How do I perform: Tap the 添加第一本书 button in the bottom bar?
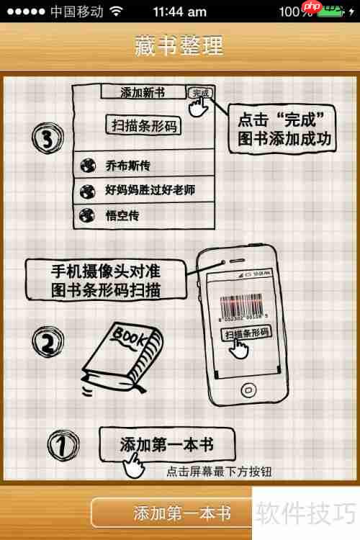point(181,513)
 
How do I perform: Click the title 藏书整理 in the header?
point(179,45)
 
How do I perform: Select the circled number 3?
point(45,137)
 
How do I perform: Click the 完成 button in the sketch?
point(199,93)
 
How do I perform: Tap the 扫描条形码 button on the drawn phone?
point(246,333)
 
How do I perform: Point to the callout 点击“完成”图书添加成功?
point(283,129)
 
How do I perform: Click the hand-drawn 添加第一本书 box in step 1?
point(166,443)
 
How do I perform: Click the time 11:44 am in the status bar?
point(179,12)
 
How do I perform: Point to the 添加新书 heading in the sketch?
point(143,92)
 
